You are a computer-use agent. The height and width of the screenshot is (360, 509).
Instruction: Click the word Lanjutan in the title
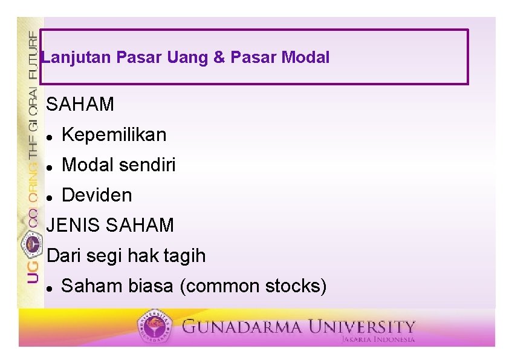[x=76, y=58]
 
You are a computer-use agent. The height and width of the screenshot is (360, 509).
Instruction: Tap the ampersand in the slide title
[x=219, y=58]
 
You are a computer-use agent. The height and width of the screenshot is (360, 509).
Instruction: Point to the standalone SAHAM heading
[x=80, y=105]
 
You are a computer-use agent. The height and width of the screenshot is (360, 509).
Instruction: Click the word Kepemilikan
[x=114, y=135]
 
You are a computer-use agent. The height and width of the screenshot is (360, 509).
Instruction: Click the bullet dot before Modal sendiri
[x=50, y=167]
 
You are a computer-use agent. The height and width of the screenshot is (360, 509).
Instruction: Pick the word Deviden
[x=97, y=195]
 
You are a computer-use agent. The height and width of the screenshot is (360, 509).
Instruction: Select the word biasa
[x=151, y=286]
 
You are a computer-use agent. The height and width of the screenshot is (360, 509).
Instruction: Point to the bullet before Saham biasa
[x=50, y=288]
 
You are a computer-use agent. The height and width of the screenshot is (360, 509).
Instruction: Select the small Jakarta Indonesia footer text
[x=378, y=339]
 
